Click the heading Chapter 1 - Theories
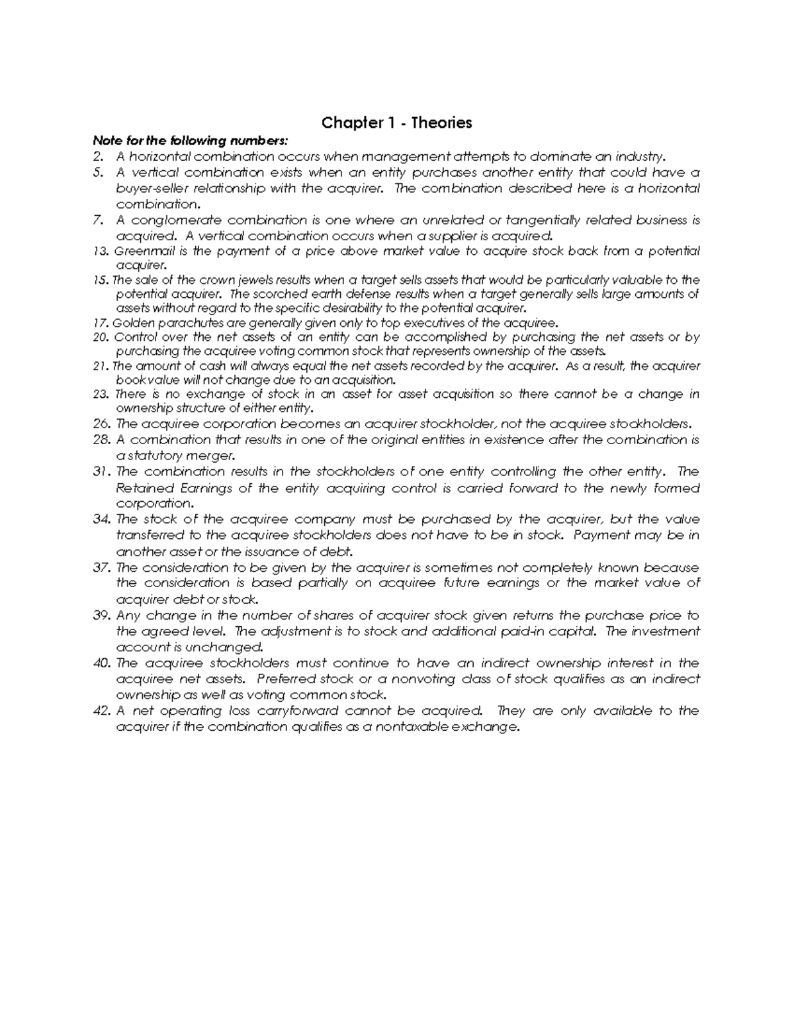pos(396,123)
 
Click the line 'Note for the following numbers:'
pos(191,140)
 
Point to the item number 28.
pos(101,440)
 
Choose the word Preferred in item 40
pos(286,679)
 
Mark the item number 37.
pos(101,567)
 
